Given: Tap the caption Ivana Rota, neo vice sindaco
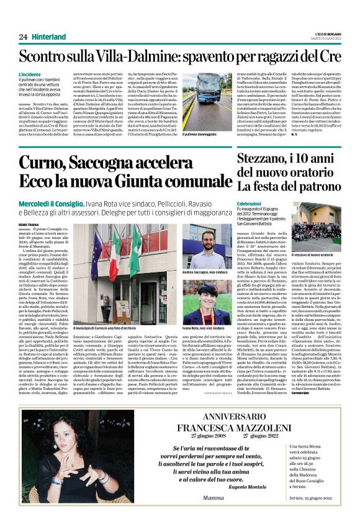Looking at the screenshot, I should point(204,327).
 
